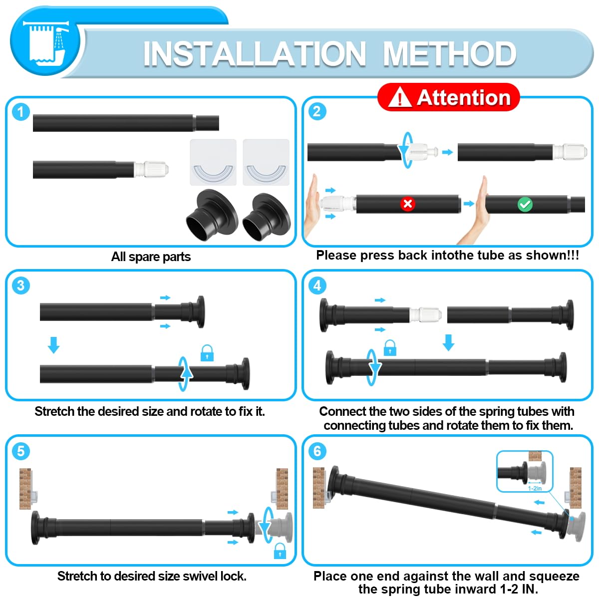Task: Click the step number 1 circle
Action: click(x=20, y=112)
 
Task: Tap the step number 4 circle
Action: click(x=317, y=286)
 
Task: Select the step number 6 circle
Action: click(x=317, y=451)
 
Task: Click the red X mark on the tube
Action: click(x=407, y=204)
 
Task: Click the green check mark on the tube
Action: click(x=525, y=205)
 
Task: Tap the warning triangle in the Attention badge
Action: click(x=400, y=97)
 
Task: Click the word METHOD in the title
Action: click(x=449, y=54)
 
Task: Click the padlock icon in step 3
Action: click(x=207, y=353)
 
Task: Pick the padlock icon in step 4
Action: click(x=390, y=348)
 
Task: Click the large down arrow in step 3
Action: click(x=54, y=345)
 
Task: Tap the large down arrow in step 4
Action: click(x=448, y=342)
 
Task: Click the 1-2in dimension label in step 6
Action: click(x=535, y=488)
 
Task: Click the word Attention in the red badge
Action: click(x=463, y=98)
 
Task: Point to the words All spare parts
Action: click(x=151, y=257)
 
